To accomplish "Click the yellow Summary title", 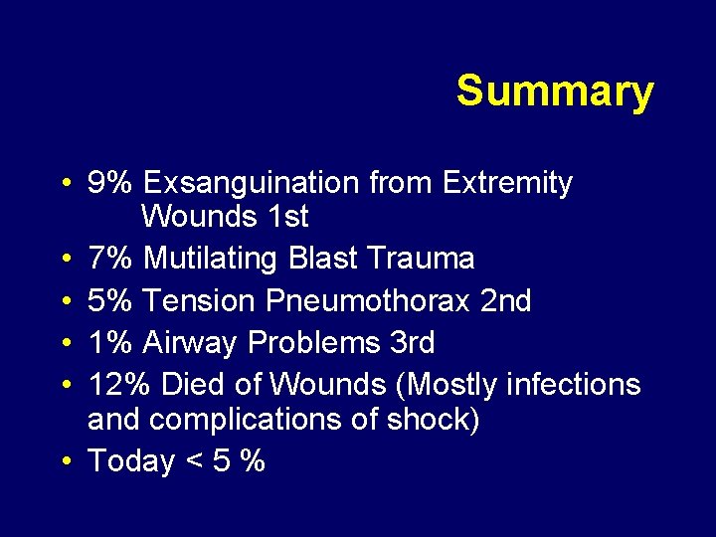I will point(555,91).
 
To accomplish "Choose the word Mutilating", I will point(211,259).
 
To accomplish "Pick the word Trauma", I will point(421,259).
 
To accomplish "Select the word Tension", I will point(199,300).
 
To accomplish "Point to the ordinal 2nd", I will point(505,300).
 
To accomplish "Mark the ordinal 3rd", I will point(408,342).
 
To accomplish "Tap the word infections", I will point(574,384).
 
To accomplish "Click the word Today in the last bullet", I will point(131,461).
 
